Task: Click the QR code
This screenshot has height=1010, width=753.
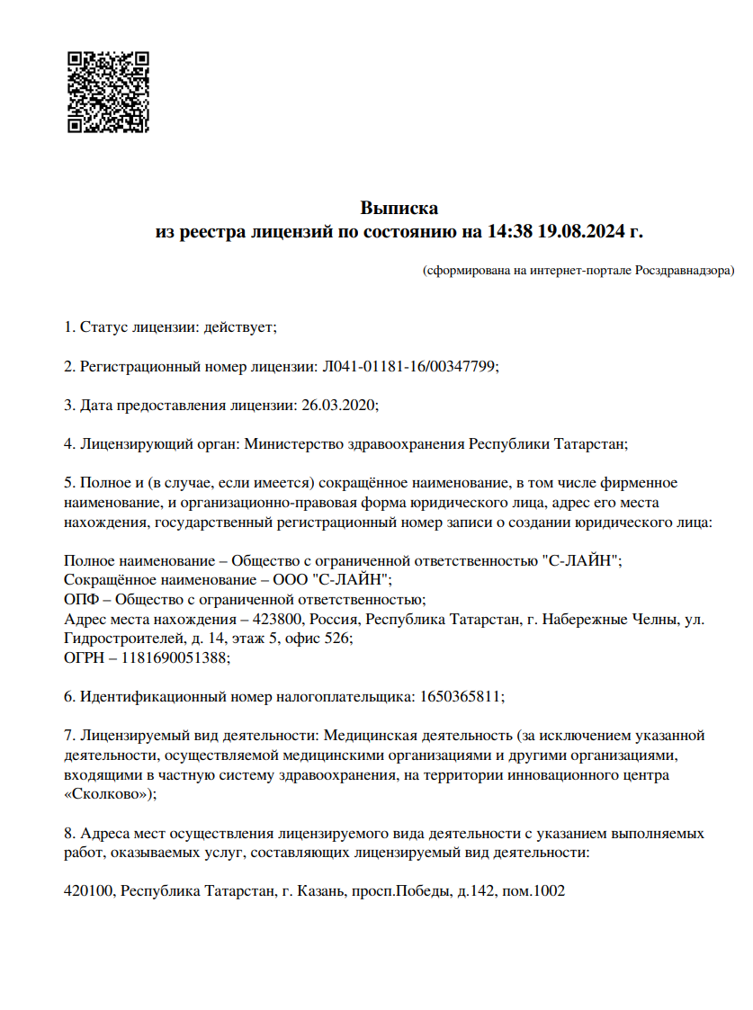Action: (x=108, y=93)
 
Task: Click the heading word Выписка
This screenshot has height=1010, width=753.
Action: (x=399, y=209)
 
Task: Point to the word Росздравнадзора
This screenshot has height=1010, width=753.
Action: (x=684, y=270)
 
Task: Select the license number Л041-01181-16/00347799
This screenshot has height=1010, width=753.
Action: (x=408, y=366)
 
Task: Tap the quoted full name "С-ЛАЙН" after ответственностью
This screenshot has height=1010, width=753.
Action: (x=583, y=560)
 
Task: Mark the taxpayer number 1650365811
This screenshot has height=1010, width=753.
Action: (x=462, y=696)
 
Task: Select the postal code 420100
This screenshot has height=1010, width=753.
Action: (x=89, y=891)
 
